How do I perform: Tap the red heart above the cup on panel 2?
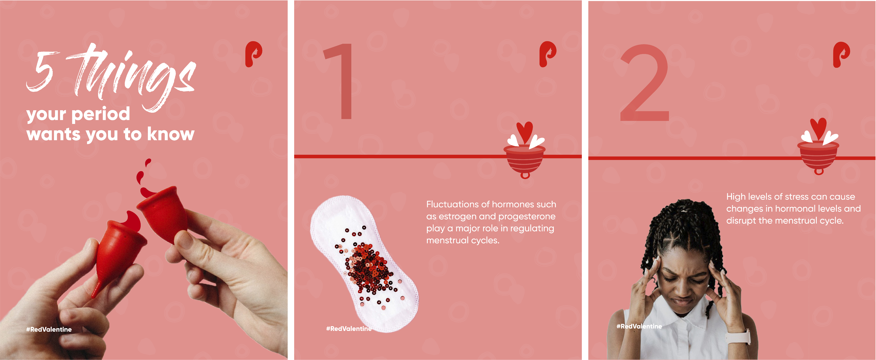click(x=818, y=129)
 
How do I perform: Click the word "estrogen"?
click(x=457, y=216)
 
